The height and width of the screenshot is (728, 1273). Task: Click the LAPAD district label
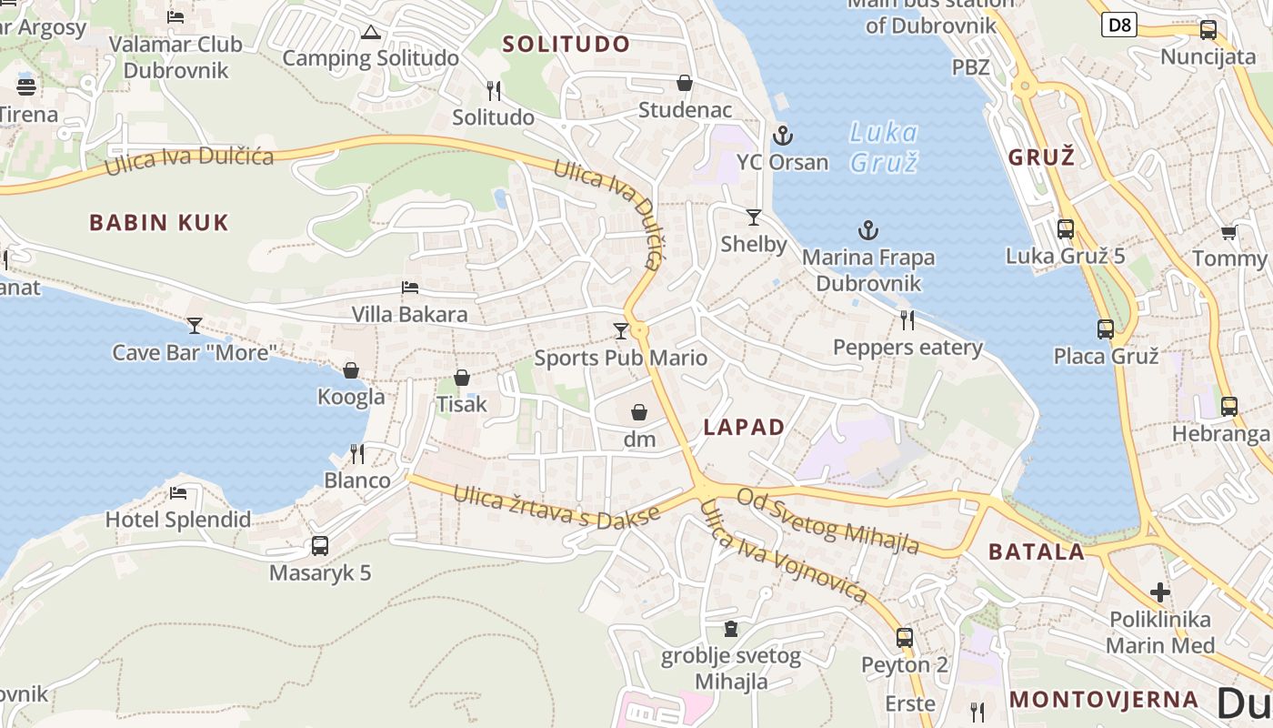coord(744,427)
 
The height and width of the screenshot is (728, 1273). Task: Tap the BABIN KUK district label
coord(159,222)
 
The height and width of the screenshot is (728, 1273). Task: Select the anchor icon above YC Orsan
coord(782,136)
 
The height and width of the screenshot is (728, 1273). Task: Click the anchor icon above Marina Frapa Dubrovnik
coord(868,230)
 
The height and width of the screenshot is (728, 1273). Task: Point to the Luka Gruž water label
coord(883,147)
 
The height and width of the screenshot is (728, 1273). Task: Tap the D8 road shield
coord(1119,25)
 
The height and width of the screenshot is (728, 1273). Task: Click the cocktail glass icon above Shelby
coord(753,217)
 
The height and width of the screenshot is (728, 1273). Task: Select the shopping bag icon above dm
coord(639,413)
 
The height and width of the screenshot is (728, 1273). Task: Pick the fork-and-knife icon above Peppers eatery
coord(907,320)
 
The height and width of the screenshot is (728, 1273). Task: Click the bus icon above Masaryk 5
coord(320,546)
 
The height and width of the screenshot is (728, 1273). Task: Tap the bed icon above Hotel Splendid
coord(178,493)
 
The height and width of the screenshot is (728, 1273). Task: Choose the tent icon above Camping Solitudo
coord(370,33)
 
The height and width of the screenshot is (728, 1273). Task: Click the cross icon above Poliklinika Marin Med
coord(1160,592)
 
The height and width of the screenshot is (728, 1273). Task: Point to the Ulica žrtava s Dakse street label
coord(556,507)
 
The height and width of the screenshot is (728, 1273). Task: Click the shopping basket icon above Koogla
coord(351,370)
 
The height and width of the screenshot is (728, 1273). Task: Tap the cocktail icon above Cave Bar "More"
coord(195,326)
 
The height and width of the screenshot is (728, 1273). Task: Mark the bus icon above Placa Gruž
coord(1106,329)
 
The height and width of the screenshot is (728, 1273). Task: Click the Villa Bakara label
coord(410,314)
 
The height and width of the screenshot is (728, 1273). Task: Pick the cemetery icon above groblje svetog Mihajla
coord(730,629)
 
